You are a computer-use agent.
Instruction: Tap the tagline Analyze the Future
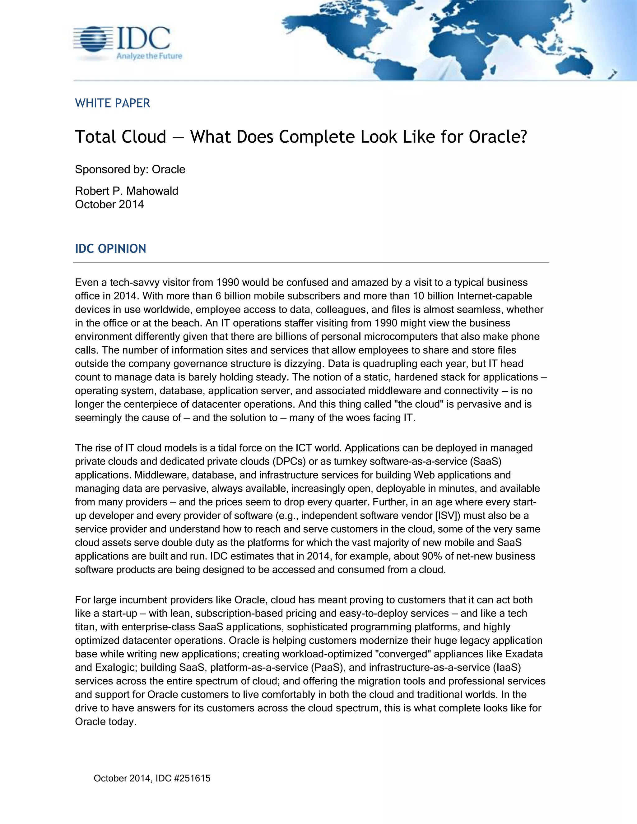(x=149, y=56)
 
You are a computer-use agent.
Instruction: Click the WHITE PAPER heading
(x=113, y=103)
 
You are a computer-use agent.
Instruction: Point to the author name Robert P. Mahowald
(x=126, y=191)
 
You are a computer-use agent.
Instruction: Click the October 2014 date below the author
(x=109, y=205)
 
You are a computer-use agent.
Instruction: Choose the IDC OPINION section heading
(x=110, y=249)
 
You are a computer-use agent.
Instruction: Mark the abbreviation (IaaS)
(x=507, y=667)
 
